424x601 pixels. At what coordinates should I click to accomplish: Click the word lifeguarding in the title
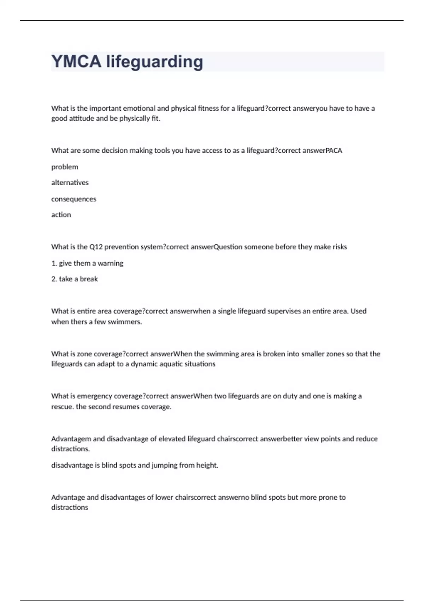point(154,62)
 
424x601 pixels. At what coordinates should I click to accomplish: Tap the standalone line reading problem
point(65,167)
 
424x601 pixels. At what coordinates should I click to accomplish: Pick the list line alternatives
point(70,183)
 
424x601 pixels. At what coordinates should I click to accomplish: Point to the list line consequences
point(73,199)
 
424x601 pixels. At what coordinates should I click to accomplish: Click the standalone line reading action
point(61,215)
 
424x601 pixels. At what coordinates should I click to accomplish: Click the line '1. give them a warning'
point(87,263)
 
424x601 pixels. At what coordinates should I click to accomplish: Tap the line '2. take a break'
point(75,279)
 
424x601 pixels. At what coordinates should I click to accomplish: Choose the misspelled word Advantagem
point(71,439)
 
